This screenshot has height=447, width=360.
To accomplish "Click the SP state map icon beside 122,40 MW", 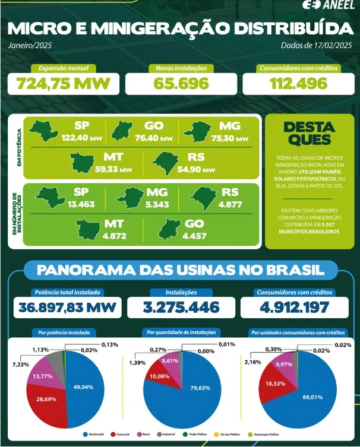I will (x=47, y=129).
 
